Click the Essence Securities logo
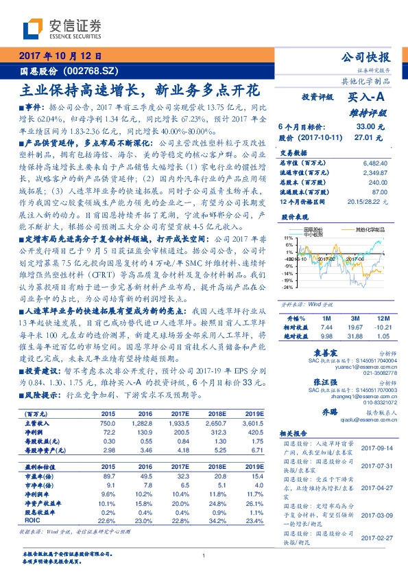click(61, 29)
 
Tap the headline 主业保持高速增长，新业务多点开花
click(141, 89)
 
